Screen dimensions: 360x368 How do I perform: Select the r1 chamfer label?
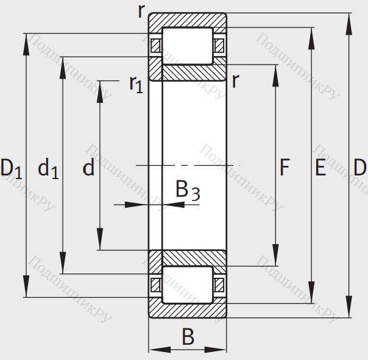(x=135, y=83)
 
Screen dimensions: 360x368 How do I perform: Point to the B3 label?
(x=187, y=191)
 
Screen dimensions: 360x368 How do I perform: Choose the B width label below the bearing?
(x=188, y=336)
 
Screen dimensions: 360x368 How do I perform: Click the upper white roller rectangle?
(x=187, y=46)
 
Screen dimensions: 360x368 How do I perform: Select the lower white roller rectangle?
(x=187, y=284)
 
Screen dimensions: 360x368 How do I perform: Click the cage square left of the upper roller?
(x=155, y=46)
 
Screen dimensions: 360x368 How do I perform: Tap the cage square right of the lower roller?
(x=219, y=284)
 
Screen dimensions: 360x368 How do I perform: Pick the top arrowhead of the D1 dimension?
(x=27, y=40)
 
